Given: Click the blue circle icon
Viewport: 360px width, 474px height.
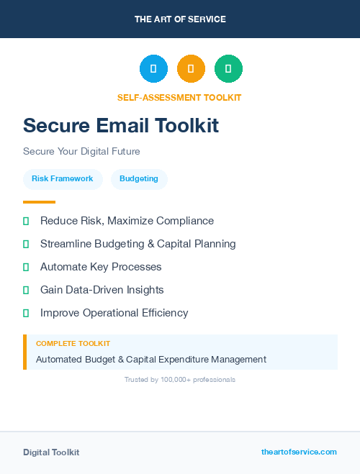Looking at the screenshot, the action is pyautogui.click(x=153, y=69).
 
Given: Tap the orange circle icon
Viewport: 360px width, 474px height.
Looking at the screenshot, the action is pyautogui.click(x=191, y=69).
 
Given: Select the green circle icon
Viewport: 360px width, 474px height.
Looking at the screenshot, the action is pyautogui.click(x=228, y=69).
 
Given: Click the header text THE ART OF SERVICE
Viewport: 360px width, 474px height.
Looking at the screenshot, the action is pyautogui.click(x=180, y=19).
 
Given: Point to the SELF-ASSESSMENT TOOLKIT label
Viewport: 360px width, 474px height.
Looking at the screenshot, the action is pyautogui.click(x=179, y=98).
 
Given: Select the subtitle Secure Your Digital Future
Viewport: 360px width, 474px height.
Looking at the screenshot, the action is pyautogui.click(x=81, y=152).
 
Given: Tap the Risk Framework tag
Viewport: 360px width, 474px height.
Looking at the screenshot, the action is pyautogui.click(x=63, y=179).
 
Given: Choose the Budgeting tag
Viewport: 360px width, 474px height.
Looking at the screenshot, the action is pyautogui.click(x=139, y=179).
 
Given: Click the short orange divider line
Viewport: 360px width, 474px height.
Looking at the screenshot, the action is pyautogui.click(x=39, y=202).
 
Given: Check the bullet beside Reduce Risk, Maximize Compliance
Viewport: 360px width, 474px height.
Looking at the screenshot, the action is pyautogui.click(x=26, y=221).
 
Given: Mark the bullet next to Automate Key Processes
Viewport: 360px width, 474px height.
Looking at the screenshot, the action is pyautogui.click(x=26, y=267).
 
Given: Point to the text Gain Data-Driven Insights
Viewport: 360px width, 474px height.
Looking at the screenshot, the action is pyautogui.click(x=102, y=290).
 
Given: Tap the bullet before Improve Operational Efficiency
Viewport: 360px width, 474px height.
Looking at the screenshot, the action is pyautogui.click(x=26, y=313).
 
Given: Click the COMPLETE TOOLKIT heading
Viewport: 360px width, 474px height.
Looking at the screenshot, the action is pyautogui.click(x=73, y=344).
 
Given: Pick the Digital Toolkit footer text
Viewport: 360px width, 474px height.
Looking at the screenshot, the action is pyautogui.click(x=51, y=452).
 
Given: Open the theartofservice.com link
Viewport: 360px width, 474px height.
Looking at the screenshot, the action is pyautogui.click(x=299, y=452).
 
